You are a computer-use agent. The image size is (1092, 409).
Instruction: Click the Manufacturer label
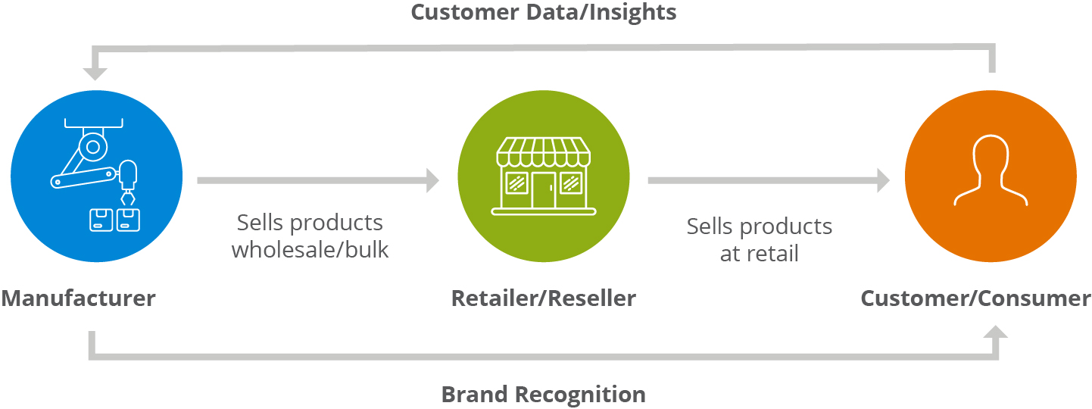click(x=78, y=298)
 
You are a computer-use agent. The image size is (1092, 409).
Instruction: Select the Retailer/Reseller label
click(x=543, y=298)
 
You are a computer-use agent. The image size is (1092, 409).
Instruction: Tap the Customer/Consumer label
click(x=975, y=298)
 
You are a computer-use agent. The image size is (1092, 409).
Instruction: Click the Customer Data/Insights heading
click(x=543, y=13)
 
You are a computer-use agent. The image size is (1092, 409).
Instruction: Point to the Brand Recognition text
click(x=543, y=395)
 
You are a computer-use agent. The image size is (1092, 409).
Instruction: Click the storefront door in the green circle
click(x=543, y=190)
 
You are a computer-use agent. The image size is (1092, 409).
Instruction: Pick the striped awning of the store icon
click(x=543, y=151)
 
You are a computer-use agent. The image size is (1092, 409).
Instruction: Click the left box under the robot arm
click(x=100, y=220)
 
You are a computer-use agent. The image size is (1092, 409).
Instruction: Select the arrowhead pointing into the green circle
click(x=432, y=180)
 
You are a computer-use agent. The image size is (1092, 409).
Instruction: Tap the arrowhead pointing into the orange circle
click(x=883, y=180)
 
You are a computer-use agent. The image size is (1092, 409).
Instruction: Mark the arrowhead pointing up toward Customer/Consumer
click(x=997, y=333)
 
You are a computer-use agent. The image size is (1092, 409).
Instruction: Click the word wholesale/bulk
click(x=310, y=249)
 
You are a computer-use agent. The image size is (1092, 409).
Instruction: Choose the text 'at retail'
click(x=759, y=253)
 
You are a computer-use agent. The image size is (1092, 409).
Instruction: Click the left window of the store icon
click(x=516, y=183)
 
